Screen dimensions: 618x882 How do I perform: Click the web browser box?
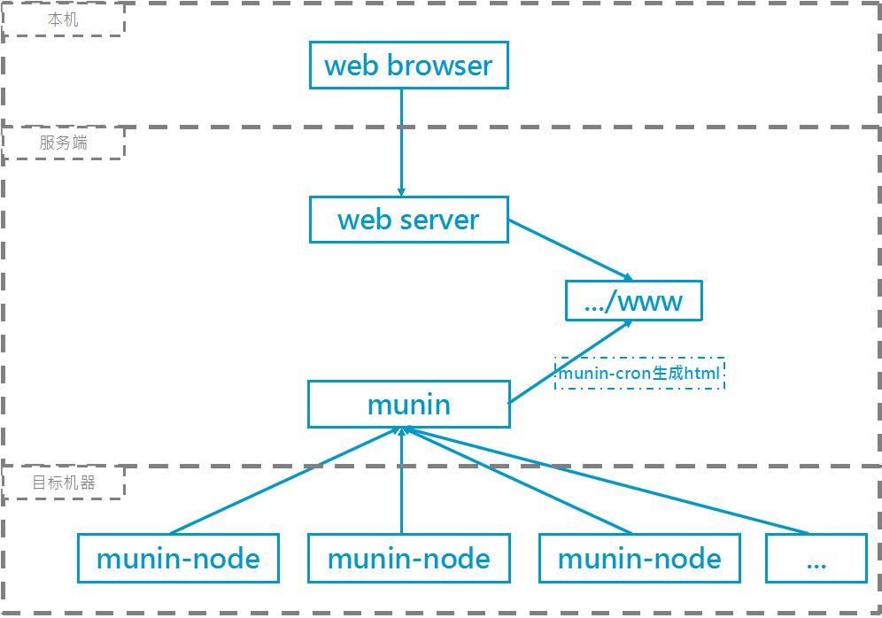pos(408,66)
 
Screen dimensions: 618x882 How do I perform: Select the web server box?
pos(408,220)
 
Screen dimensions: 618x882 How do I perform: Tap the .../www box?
pos(634,301)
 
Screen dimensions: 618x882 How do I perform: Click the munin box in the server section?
pos(408,405)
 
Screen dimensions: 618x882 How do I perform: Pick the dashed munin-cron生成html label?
pos(638,374)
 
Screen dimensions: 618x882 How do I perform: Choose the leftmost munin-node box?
pos(178,559)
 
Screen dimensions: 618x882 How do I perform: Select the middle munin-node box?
pos(408,559)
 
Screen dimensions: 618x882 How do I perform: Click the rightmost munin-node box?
pos(639,559)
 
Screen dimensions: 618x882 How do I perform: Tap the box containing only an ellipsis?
pos(816,559)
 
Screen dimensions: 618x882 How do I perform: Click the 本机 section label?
pos(63,19)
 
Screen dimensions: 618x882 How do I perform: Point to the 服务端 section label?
pos(63,143)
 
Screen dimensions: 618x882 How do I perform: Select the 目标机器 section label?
pos(63,483)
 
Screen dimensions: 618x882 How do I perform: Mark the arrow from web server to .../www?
pos(569,249)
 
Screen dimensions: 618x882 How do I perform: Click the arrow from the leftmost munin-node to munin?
pos(285,482)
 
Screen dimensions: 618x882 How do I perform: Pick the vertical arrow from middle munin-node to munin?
pos(401,483)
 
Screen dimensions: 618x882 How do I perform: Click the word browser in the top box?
pos(439,66)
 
